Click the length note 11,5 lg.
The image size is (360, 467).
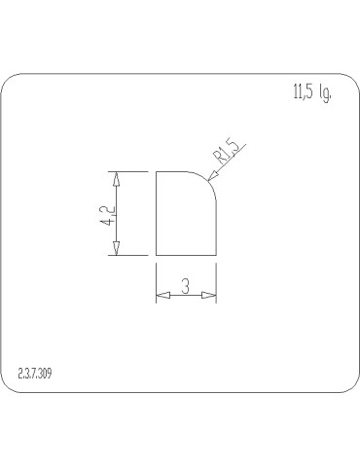click(310, 94)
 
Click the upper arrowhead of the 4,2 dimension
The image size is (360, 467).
click(117, 179)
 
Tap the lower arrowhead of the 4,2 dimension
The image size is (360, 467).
click(117, 248)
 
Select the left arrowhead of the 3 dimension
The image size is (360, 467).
click(162, 295)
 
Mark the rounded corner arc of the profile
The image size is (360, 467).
click(207, 180)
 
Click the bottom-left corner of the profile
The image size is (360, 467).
click(157, 255)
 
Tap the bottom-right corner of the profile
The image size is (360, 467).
click(215, 255)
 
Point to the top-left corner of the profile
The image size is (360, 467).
click(157, 172)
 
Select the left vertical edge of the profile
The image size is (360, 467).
click(157, 214)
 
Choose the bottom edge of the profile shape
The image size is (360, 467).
click(186, 255)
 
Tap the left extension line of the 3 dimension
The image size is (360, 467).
click(157, 282)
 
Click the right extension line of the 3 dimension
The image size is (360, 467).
click(215, 282)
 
